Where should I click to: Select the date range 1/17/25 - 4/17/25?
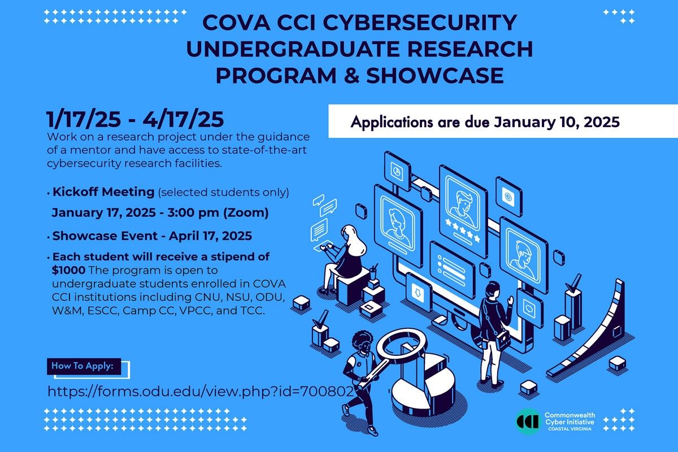coord(136,120)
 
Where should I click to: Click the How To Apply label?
coord(82,366)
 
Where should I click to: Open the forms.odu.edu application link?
coord(201,391)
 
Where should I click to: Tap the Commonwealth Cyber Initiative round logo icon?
coord(528,421)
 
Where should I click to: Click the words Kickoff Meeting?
coord(103,192)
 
